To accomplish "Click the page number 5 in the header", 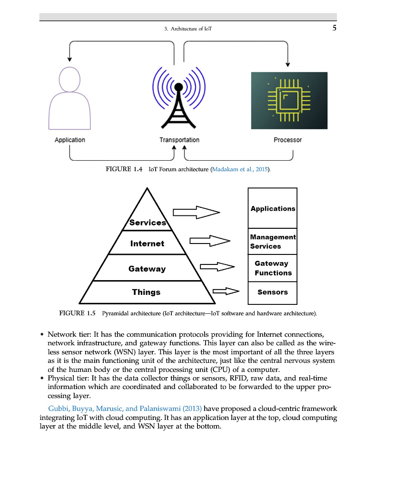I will [335, 28].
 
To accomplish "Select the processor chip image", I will [289, 100].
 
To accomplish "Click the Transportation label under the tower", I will [179, 140].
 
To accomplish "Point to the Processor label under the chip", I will [287, 140].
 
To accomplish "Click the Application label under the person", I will [70, 140].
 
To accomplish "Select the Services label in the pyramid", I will [148, 223].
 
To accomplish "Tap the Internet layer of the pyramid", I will [147, 243].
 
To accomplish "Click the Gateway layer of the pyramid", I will [147, 269].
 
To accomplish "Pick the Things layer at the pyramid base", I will [146, 292].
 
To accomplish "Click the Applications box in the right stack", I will [273, 208].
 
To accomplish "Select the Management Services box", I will [273, 241].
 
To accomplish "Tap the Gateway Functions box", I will [273, 268].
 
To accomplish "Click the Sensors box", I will [273, 292].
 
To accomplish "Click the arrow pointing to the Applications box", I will [196, 212].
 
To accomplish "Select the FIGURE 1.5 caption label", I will [78, 313].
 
